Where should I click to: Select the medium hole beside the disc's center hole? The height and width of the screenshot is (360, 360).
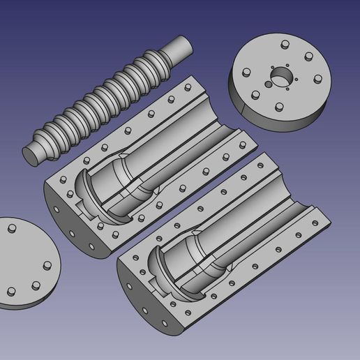point(269,85)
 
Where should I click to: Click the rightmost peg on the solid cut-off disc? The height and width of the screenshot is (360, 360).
point(47,265)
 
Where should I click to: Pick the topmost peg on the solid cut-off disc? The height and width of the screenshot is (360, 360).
point(10,230)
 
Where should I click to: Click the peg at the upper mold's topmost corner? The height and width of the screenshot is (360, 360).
point(187,87)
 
